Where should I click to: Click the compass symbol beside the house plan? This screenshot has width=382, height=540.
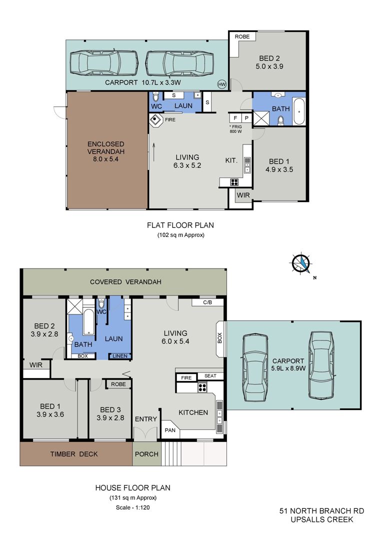302,264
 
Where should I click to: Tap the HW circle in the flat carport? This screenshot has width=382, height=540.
221,84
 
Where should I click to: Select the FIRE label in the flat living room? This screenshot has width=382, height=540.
170,120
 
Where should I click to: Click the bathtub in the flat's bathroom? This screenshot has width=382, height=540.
298,111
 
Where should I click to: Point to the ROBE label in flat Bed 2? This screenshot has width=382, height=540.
242,36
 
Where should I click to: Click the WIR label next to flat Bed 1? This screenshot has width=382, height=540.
243,195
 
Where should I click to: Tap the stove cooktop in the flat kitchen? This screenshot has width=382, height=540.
234,182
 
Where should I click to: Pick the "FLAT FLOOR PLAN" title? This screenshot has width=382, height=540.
180,225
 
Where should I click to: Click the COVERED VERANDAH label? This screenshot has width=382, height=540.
125,282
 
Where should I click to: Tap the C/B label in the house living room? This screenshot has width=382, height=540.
207,302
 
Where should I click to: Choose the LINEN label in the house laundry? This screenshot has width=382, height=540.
120,356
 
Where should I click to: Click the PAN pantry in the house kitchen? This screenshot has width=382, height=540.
170,429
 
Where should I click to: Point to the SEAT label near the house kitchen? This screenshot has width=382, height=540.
210,376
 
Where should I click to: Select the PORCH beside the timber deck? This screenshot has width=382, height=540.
146,454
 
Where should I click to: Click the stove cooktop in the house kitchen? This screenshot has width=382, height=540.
202,387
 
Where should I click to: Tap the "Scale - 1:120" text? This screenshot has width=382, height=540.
133,507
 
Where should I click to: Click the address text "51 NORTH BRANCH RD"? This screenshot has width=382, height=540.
321,511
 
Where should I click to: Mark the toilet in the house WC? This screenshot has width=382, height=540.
101,304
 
